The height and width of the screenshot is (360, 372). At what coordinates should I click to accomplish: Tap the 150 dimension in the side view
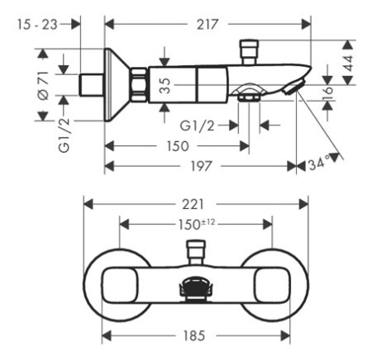tap(176, 146)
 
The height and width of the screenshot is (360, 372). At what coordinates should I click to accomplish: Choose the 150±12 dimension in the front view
tap(197, 224)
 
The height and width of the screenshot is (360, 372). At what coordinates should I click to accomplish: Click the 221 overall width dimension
tap(197, 204)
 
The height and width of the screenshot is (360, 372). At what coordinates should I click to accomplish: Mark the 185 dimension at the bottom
tap(197, 336)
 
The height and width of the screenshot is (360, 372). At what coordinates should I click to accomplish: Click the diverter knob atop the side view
tap(249, 48)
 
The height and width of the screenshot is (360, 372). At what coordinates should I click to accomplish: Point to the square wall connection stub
tap(90, 84)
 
